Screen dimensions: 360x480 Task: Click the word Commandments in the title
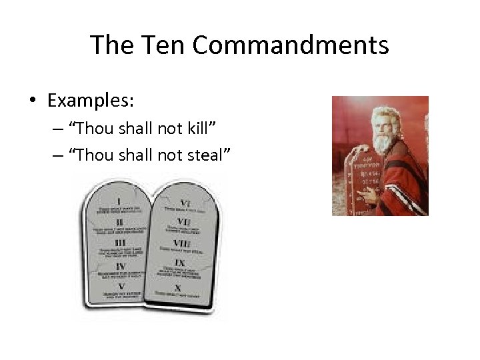[290, 45]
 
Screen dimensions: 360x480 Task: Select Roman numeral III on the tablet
[120, 242]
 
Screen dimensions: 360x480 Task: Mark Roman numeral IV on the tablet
[121, 265]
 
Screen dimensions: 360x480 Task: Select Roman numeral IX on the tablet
[180, 264]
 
